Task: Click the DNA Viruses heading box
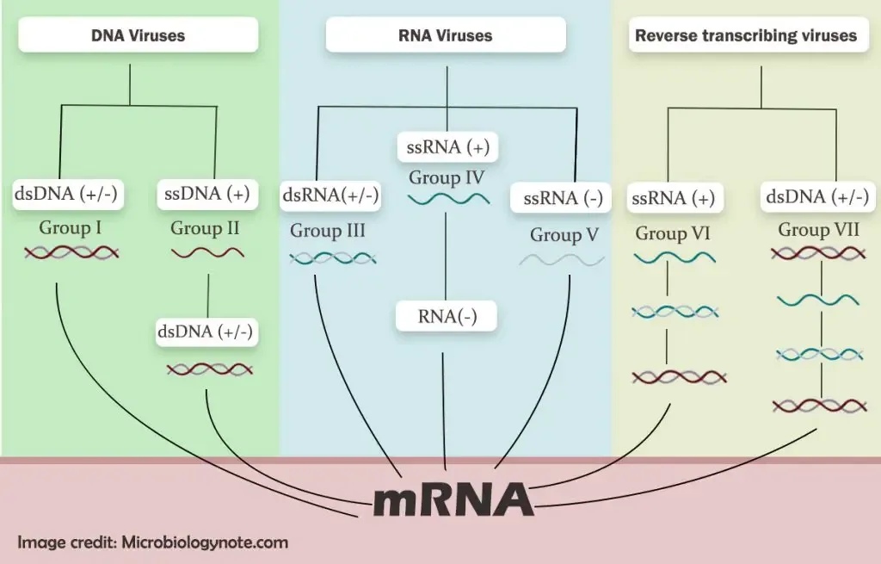[x=139, y=34]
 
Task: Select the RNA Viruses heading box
[x=446, y=34]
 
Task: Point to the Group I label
[x=71, y=227]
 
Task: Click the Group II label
[x=205, y=227]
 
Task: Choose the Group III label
[x=328, y=231]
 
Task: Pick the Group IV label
[x=447, y=177]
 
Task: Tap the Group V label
[x=564, y=234]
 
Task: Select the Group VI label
[x=673, y=233]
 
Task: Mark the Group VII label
[x=819, y=229]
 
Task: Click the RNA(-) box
[x=447, y=316]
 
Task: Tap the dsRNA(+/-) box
[x=330, y=195]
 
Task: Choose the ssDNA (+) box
[x=207, y=194]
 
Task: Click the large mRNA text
[x=453, y=499]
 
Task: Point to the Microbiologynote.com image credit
[x=153, y=542]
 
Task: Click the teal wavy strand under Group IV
[x=448, y=199]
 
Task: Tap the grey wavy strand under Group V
[x=562, y=260]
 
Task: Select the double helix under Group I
[x=71, y=253]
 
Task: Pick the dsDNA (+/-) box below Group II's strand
[x=206, y=332]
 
